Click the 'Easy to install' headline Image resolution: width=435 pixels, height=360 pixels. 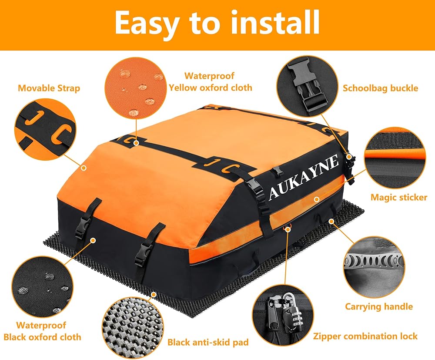(x=217, y=22)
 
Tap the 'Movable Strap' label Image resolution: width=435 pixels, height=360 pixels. (x=49, y=88)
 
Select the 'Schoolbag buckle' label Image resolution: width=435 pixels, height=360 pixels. (x=380, y=88)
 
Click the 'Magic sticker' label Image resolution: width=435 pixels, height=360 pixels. (x=399, y=197)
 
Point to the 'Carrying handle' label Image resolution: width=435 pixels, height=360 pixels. (x=379, y=307)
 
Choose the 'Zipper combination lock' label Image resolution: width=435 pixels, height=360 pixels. (x=365, y=336)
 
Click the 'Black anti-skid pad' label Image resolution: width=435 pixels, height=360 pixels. (x=208, y=342)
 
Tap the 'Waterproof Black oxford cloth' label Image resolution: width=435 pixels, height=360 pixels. (x=42, y=331)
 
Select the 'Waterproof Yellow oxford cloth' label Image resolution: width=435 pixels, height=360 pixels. (x=210, y=81)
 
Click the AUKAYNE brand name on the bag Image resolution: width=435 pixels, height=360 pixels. (x=304, y=177)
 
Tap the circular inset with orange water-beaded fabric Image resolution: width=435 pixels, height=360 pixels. (x=136, y=88)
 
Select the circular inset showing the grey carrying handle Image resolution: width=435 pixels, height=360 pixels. (x=374, y=268)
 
